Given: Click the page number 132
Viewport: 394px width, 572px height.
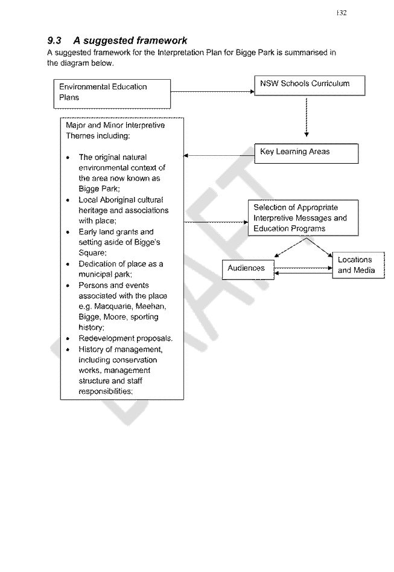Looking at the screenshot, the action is coord(342,13).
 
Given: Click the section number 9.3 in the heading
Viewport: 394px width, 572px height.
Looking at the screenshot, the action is coord(54,40).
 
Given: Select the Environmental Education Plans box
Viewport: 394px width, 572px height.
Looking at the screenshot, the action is coord(112,94).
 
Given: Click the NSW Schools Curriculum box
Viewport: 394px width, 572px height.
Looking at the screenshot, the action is coord(310,86).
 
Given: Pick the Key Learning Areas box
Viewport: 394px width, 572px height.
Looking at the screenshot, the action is coord(306,153).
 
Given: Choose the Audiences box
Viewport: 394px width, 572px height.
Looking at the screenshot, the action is coord(248,269).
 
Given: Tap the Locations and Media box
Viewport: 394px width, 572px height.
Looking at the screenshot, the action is coord(358,265).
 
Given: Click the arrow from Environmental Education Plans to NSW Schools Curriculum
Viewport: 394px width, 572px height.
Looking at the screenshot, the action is coord(212,92).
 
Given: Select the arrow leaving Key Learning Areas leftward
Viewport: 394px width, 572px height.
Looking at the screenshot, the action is coord(219,156).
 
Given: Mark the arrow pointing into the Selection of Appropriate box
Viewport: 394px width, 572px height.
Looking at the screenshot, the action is coord(216,222).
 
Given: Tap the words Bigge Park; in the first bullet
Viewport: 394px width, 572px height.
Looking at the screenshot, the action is coord(99,189).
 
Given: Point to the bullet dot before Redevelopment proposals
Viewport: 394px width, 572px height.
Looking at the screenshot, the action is coord(68,338).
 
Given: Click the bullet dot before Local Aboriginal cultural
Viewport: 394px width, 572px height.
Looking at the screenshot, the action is coord(68,200).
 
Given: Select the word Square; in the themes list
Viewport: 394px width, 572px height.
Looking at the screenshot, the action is coord(92,253).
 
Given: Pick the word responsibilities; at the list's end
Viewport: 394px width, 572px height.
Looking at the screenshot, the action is coord(106,391).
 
